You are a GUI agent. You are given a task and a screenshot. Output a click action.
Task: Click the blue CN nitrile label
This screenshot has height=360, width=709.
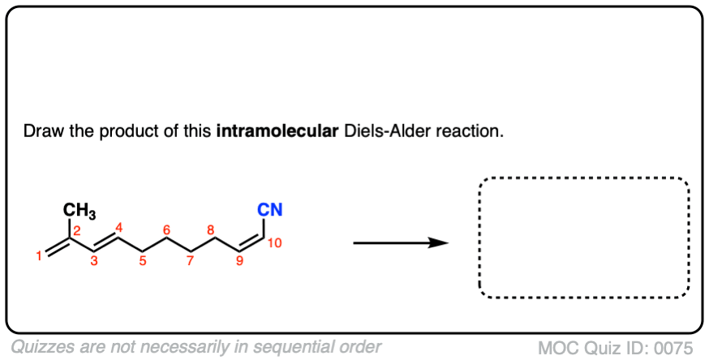(x=270, y=209)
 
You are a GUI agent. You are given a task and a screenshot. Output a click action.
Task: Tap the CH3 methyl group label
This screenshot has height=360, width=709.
(x=79, y=211)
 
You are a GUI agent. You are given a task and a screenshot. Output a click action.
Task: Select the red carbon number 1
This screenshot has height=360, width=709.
(x=39, y=256)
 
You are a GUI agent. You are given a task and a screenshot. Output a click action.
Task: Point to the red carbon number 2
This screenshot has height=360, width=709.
(x=77, y=231)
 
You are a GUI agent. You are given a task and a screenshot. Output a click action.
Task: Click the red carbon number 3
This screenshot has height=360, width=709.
(x=93, y=260)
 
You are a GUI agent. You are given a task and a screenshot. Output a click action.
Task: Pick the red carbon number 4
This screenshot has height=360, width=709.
(x=118, y=228)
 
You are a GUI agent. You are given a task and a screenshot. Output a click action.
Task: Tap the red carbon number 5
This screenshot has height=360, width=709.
(x=143, y=260)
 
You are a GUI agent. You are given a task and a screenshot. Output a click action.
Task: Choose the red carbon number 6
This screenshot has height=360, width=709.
(x=166, y=230)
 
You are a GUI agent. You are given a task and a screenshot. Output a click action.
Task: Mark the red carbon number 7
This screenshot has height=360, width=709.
(x=191, y=260)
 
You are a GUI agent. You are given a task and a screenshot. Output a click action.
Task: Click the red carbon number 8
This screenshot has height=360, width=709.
(x=211, y=230)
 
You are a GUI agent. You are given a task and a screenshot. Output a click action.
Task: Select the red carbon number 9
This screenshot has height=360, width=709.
(x=239, y=260)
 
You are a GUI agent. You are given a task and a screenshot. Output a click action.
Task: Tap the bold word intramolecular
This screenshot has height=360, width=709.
(x=277, y=131)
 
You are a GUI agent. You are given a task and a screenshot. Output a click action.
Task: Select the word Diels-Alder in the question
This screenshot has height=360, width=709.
(x=387, y=131)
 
